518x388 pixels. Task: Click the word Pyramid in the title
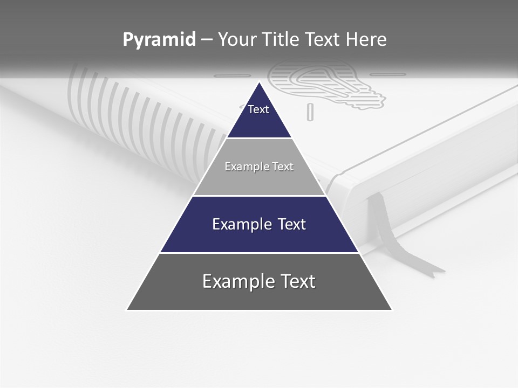click(x=159, y=40)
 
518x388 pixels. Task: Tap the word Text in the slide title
click(x=322, y=40)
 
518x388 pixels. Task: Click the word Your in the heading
click(x=237, y=40)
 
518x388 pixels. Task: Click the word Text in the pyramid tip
click(x=258, y=109)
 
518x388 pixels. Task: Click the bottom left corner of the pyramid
click(x=127, y=309)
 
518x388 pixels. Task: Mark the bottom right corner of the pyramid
click(x=391, y=309)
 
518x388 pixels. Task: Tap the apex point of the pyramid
click(x=260, y=82)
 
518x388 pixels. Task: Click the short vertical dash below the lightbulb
click(x=310, y=112)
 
